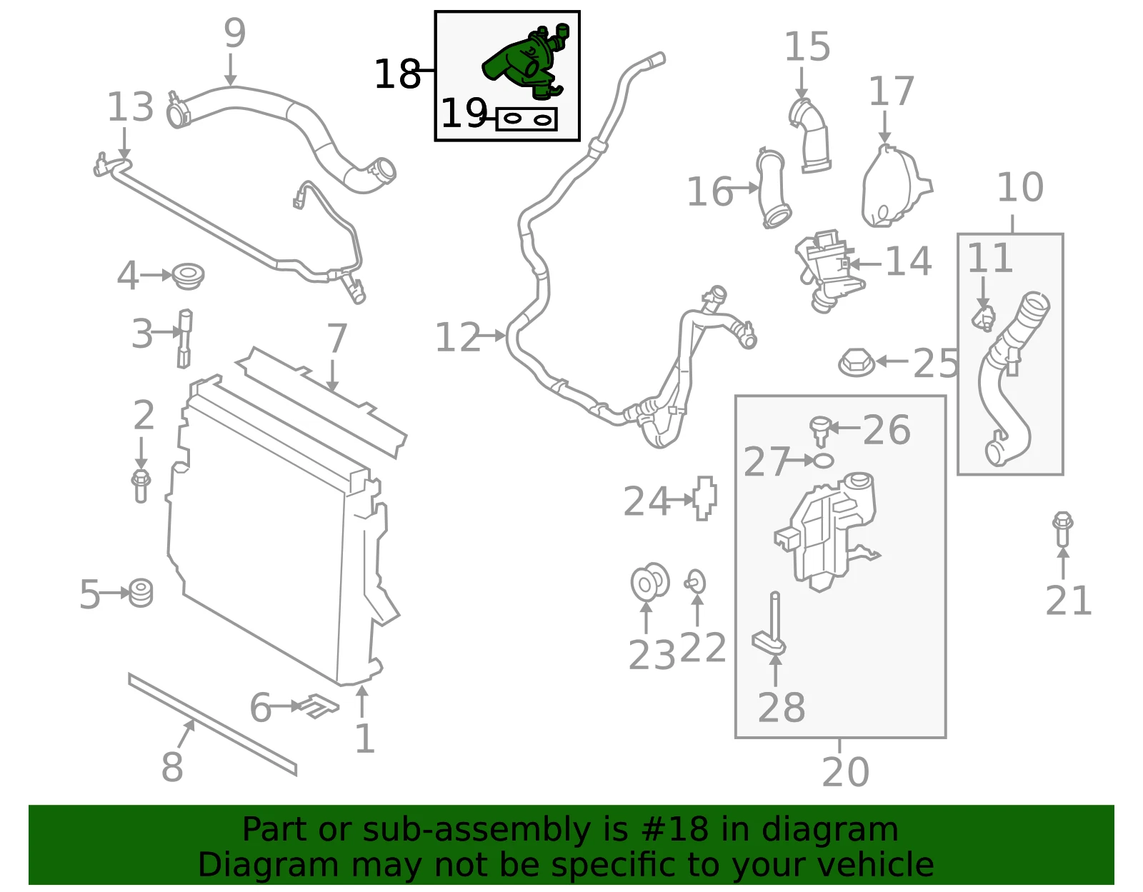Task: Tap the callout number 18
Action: (397, 74)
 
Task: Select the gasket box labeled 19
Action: (526, 119)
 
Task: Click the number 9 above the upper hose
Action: (234, 33)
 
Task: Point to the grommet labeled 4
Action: (188, 276)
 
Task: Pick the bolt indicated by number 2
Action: (141, 486)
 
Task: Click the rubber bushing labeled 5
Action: (141, 593)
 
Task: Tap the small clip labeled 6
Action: (318, 706)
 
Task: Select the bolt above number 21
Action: (1062, 529)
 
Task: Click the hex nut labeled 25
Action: (857, 361)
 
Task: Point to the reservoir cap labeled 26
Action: (821, 430)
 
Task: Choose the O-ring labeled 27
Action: (823, 461)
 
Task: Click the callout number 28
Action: (781, 708)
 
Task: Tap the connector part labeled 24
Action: (705, 498)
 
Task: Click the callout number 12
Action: (458, 337)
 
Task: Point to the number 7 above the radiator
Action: (336, 338)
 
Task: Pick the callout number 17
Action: (892, 91)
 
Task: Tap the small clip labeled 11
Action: (983, 318)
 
